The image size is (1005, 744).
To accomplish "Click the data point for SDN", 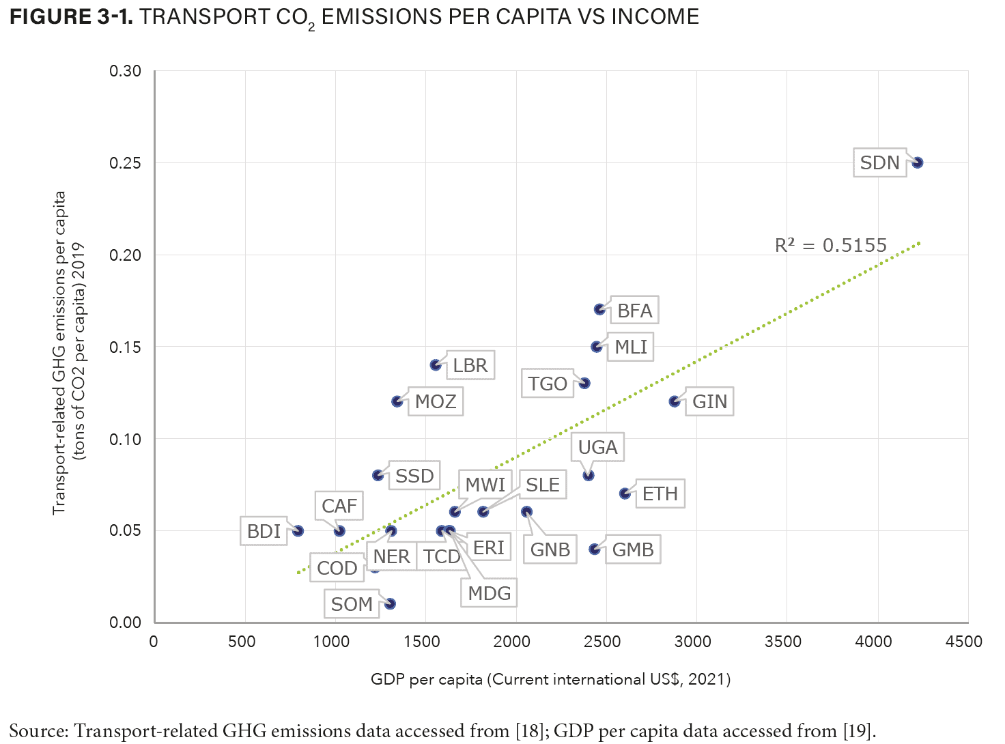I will [918, 162].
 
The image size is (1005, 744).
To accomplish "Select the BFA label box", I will [634, 311].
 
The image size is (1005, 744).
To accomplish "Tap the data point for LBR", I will [436, 365].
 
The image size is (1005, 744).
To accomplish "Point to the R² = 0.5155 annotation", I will [830, 246].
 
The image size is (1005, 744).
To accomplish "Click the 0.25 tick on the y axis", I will [126, 163].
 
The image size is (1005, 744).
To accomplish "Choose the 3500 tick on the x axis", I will [783, 642].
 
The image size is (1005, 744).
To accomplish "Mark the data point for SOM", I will [390, 603].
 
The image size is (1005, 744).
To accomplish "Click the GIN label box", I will [709, 401].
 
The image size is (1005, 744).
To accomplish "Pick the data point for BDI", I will [298, 530].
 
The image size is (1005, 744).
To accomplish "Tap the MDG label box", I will [489, 593].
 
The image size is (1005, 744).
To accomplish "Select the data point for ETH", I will [625, 493].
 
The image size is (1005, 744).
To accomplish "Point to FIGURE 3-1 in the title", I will [71, 17].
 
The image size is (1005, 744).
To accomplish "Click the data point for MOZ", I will [397, 401].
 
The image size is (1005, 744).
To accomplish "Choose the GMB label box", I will [632, 549].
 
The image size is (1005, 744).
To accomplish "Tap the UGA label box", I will [597, 448].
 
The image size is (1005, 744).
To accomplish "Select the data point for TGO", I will [584, 384].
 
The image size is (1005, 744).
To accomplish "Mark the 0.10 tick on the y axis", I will [126, 439].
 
